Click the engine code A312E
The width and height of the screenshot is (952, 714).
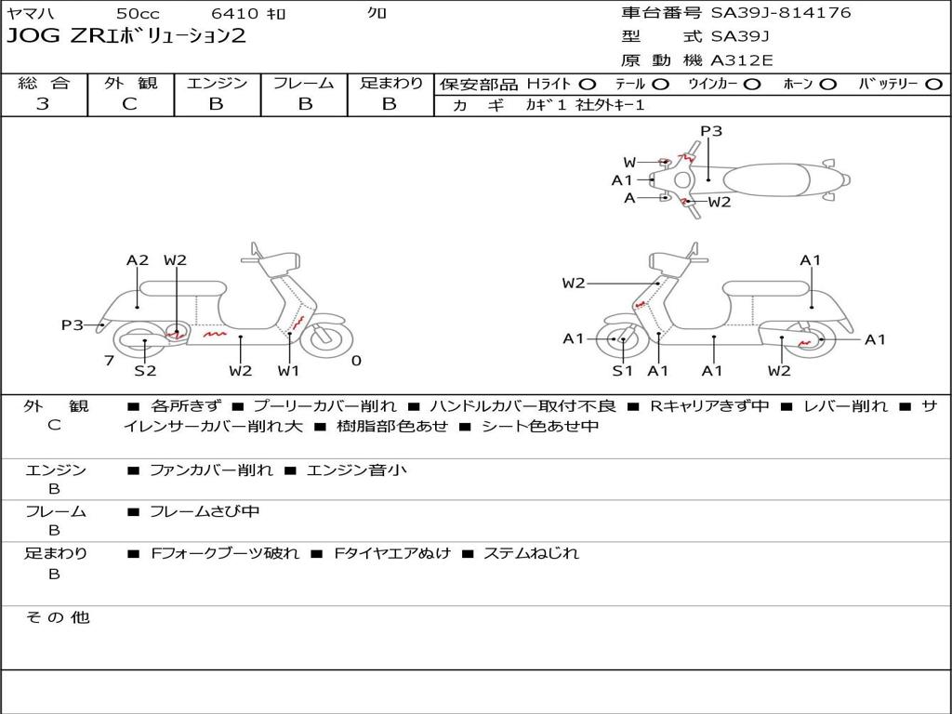[x=742, y=61]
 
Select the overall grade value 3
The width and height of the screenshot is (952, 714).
[x=43, y=104]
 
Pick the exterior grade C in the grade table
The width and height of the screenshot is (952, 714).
[x=129, y=104]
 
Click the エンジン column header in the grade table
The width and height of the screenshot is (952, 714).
[x=217, y=84]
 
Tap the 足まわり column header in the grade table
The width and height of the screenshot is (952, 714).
[x=390, y=84]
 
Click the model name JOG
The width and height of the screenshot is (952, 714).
[x=30, y=37]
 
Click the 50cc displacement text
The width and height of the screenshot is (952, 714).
[x=138, y=13]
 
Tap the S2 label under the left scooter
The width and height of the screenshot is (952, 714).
[x=145, y=371]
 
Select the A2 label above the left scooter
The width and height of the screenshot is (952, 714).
[x=138, y=260]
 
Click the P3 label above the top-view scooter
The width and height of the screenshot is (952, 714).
[x=711, y=131]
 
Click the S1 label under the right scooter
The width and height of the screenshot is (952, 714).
[x=622, y=371]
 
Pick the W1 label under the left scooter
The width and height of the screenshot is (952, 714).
[x=289, y=371]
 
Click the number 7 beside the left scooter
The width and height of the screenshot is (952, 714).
[x=109, y=361]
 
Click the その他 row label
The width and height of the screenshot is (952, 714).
[x=57, y=617]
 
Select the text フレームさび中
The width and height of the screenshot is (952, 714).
[x=205, y=511]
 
